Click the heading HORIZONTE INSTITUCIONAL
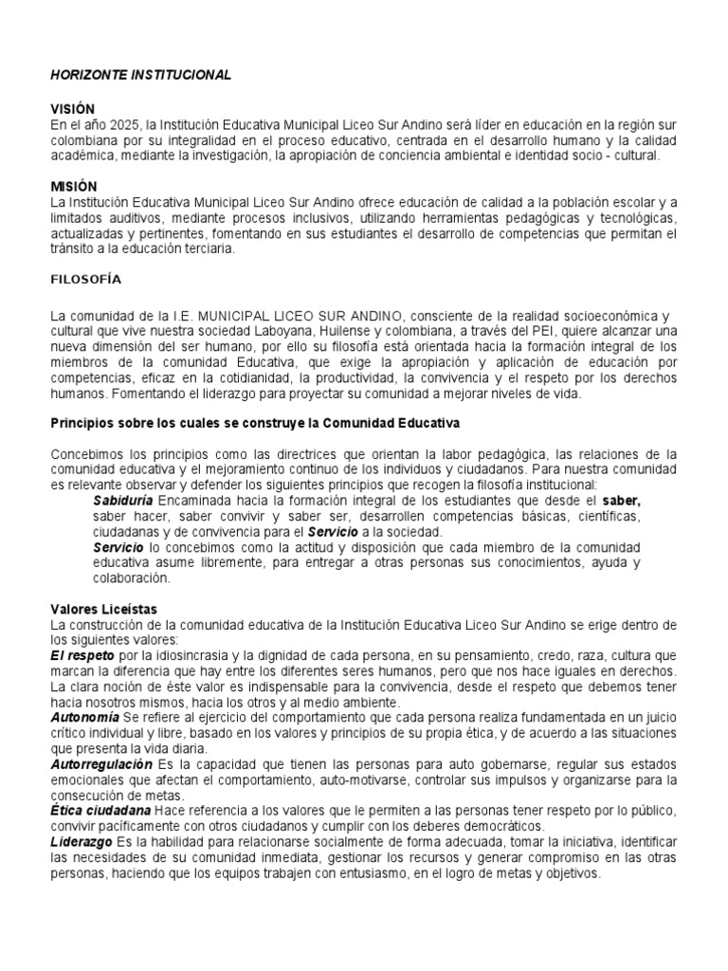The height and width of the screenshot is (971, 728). [139, 75]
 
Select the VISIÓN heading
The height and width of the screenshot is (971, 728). [73, 110]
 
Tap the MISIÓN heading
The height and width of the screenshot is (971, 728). [73, 187]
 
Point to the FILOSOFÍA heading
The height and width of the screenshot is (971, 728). [86, 280]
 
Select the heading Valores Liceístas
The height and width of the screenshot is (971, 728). [103, 609]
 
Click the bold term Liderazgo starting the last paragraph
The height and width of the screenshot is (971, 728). [80, 842]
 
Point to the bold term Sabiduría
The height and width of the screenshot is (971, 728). [123, 500]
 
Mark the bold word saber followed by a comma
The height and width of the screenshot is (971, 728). [622, 500]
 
